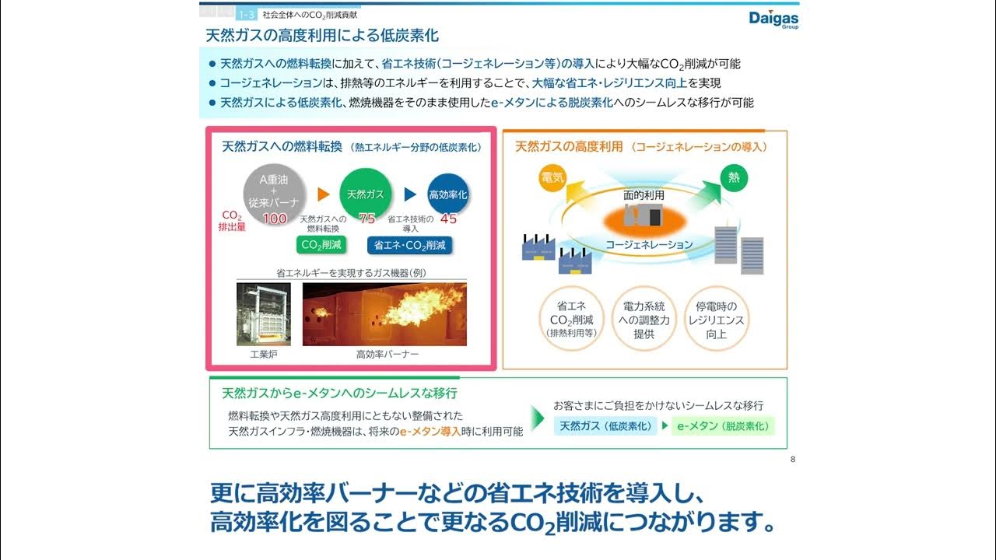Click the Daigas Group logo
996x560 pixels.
pos(773,19)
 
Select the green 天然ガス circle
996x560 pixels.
pos(366,194)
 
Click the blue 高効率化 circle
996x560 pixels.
pos(448,194)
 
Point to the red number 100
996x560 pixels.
pos(275,219)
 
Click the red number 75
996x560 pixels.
pos(366,219)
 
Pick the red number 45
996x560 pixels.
pos(448,219)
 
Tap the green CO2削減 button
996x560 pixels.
pos(322,245)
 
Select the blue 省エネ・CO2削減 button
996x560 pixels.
pos(410,245)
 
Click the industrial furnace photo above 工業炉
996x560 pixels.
pos(264,314)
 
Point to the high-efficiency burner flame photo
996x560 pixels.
pos(384,314)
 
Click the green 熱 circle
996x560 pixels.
pos(733,178)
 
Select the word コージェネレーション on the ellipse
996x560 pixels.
pos(649,244)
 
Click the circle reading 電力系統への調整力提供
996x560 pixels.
pos(644,320)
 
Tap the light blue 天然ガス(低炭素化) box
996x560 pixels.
pos(605,426)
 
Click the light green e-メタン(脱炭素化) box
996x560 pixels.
pos(723,426)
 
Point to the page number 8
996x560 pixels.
pos(792,459)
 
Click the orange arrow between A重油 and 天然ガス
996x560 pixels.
pos(325,194)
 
